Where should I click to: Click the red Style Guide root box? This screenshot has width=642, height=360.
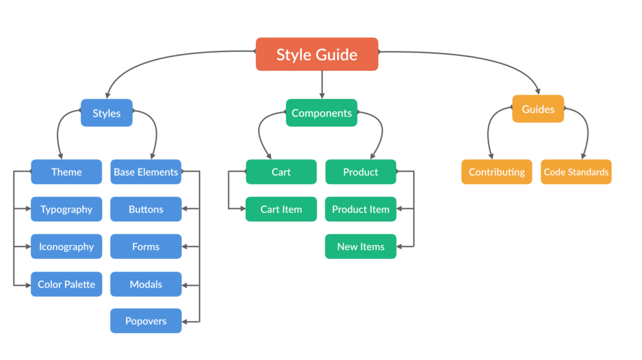317,54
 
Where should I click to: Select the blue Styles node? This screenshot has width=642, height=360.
107,113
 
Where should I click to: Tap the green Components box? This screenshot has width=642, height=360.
322,113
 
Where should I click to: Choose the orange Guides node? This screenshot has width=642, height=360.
538,109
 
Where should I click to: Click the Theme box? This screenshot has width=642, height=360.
66,172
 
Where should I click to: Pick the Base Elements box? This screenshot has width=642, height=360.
145,172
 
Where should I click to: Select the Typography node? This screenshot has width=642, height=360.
66,209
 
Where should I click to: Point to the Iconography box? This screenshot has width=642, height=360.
66,246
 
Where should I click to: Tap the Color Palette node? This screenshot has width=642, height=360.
66,284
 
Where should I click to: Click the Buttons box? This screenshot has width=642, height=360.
145,209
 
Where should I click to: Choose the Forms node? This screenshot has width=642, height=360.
145,246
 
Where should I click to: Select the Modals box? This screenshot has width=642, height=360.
145,284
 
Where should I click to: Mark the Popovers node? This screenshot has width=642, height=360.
145,320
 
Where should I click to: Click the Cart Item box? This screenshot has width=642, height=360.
282,209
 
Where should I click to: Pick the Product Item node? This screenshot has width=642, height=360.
360,209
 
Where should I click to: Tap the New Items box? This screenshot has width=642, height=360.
360,246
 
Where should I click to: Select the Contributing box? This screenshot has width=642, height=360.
497,172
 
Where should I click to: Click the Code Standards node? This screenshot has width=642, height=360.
576,172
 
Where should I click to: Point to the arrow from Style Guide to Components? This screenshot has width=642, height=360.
322,85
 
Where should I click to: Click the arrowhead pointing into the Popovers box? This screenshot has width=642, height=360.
185,322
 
